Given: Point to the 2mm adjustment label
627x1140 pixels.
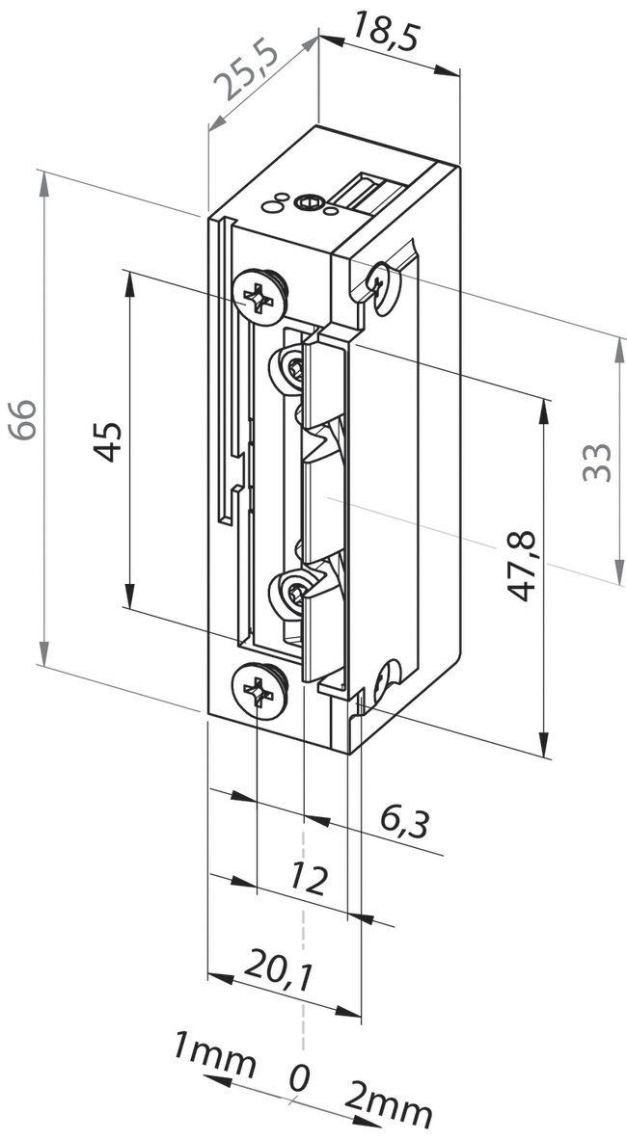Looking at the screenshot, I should point(391,1109).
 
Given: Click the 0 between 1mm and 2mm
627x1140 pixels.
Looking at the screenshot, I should point(300,1077).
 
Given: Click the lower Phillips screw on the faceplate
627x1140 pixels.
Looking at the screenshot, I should point(258,690).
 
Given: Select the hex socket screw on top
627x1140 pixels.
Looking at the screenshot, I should point(309,203).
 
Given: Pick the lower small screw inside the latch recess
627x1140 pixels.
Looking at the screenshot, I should point(293,590).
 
